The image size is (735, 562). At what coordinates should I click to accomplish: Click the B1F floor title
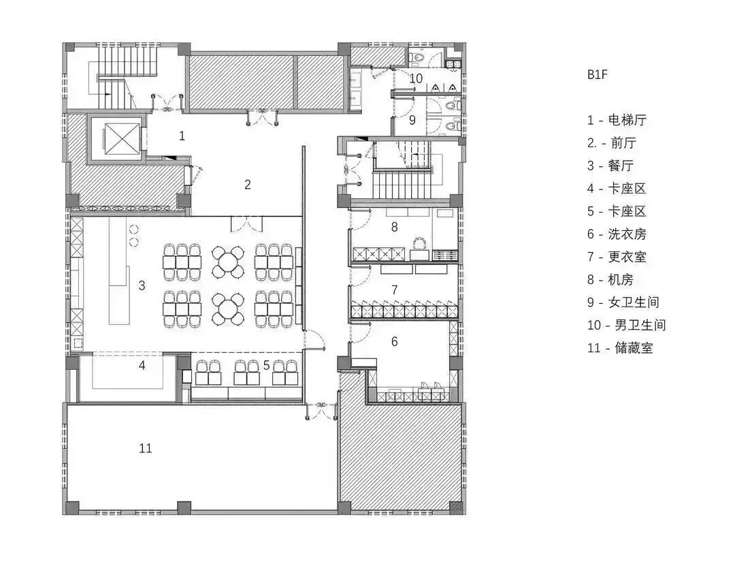pyautogui.click(x=597, y=75)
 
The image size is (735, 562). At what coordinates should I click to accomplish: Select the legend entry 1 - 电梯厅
pyautogui.click(x=617, y=121)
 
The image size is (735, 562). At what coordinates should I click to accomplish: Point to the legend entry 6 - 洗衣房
pyautogui.click(x=617, y=234)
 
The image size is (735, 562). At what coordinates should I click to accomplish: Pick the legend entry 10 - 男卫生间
pyautogui.click(x=626, y=324)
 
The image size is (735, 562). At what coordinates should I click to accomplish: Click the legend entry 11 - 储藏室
pyautogui.click(x=620, y=347)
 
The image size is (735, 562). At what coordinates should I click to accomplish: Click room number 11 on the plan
pyautogui.click(x=145, y=448)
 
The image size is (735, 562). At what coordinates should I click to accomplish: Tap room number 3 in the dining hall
pyautogui.click(x=142, y=285)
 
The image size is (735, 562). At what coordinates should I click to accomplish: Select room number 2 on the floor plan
pyautogui.click(x=248, y=184)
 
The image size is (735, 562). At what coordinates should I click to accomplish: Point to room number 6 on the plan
pyautogui.click(x=394, y=341)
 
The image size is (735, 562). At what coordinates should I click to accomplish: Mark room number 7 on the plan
pyautogui.click(x=394, y=290)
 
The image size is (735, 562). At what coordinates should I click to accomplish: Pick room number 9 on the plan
pyautogui.click(x=412, y=120)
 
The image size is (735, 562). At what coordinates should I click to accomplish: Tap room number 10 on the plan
pyautogui.click(x=416, y=79)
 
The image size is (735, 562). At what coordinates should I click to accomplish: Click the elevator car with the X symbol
pyautogui.click(x=120, y=141)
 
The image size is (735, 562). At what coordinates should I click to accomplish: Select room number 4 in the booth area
pyautogui.click(x=142, y=366)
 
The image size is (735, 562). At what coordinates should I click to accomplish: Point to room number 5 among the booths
pyautogui.click(x=266, y=366)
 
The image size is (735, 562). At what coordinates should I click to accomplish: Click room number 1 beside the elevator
pyautogui.click(x=182, y=136)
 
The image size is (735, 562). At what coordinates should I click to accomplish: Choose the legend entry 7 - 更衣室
pyautogui.click(x=617, y=257)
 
